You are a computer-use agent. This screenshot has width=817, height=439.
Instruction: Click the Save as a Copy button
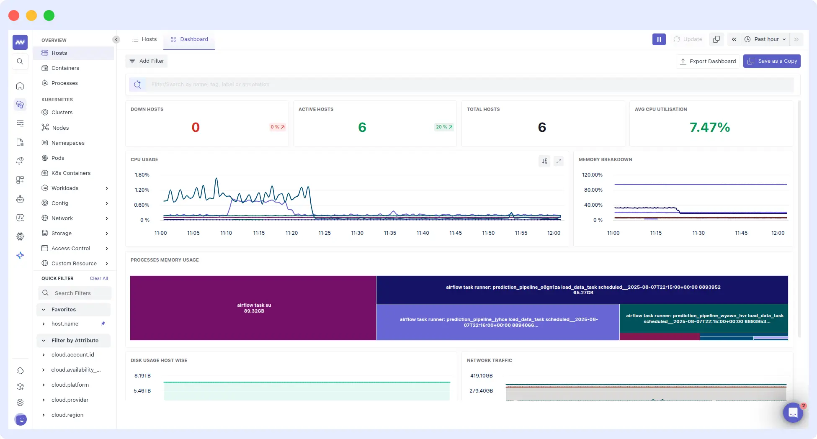pyautogui.click(x=772, y=61)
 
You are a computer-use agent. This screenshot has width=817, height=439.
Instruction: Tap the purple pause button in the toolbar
pyautogui.click(x=659, y=39)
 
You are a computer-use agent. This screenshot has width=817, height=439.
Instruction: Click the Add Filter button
pyautogui.click(x=147, y=61)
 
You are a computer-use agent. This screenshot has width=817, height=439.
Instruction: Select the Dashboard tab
pyautogui.click(x=189, y=39)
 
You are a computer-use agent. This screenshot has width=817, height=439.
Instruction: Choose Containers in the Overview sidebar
pyautogui.click(x=65, y=68)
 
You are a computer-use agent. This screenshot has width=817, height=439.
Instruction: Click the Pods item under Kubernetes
pyautogui.click(x=58, y=158)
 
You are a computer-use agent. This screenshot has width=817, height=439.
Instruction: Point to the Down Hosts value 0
pyautogui.click(x=196, y=127)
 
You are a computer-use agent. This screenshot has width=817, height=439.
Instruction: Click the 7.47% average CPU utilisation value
pyautogui.click(x=709, y=127)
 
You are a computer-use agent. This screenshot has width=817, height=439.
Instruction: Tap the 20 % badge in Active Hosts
pyautogui.click(x=444, y=127)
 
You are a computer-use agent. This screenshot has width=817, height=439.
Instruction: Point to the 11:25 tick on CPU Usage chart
pyautogui.click(x=325, y=233)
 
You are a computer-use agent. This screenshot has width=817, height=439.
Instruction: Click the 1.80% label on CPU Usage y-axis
pyautogui.click(x=142, y=175)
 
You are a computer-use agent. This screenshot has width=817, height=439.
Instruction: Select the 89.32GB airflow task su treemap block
pyautogui.click(x=253, y=308)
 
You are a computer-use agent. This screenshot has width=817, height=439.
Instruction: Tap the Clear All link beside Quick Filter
pyautogui.click(x=99, y=279)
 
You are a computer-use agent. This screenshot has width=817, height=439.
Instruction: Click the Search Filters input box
pyautogui.click(x=75, y=293)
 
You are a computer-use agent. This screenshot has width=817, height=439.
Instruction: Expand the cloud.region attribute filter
pyautogui.click(x=44, y=415)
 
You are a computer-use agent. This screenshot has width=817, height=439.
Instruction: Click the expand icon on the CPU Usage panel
pyautogui.click(x=558, y=161)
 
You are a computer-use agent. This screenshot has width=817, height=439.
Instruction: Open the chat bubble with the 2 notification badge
pyautogui.click(x=793, y=413)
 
